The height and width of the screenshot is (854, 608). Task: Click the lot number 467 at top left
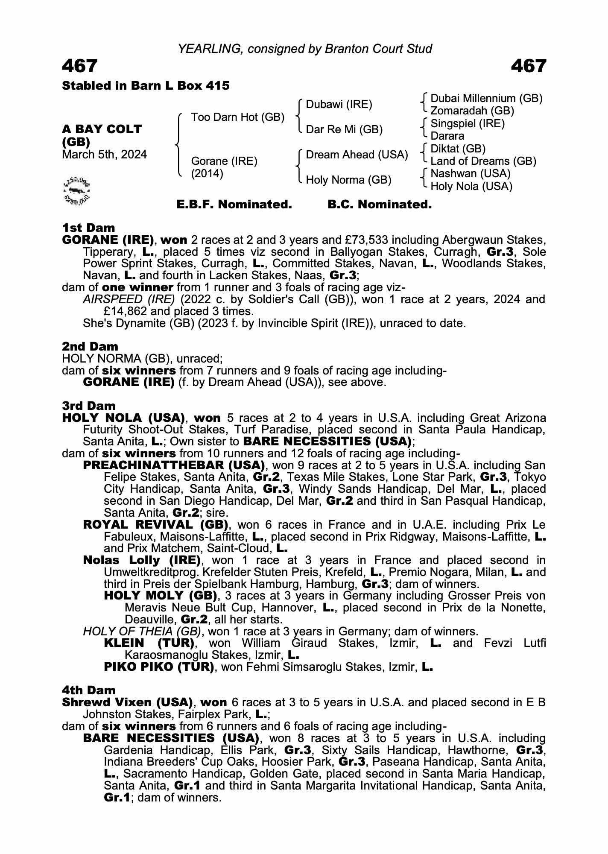click(x=80, y=67)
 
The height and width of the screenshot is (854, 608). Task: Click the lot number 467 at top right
click(x=528, y=67)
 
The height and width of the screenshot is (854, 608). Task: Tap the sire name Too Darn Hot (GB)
click(x=237, y=117)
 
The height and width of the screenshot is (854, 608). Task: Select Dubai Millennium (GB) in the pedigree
click(x=486, y=99)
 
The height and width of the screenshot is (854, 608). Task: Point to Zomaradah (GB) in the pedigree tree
click(x=472, y=111)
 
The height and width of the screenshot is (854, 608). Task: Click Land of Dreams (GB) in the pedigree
click(x=483, y=161)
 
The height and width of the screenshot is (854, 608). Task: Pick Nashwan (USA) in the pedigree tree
click(x=471, y=173)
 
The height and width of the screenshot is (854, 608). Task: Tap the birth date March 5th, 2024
click(x=104, y=155)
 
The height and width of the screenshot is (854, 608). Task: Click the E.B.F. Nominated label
click(x=234, y=205)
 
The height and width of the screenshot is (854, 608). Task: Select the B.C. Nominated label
click(x=380, y=205)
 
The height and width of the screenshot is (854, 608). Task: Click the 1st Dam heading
click(x=88, y=228)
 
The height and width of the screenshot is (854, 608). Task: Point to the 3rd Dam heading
click(x=89, y=405)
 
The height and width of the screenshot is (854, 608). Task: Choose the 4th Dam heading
click(x=89, y=690)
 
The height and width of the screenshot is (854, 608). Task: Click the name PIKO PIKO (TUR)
click(x=159, y=667)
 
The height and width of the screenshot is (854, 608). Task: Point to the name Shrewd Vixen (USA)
click(x=126, y=702)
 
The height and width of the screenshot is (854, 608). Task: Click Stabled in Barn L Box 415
click(x=146, y=86)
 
